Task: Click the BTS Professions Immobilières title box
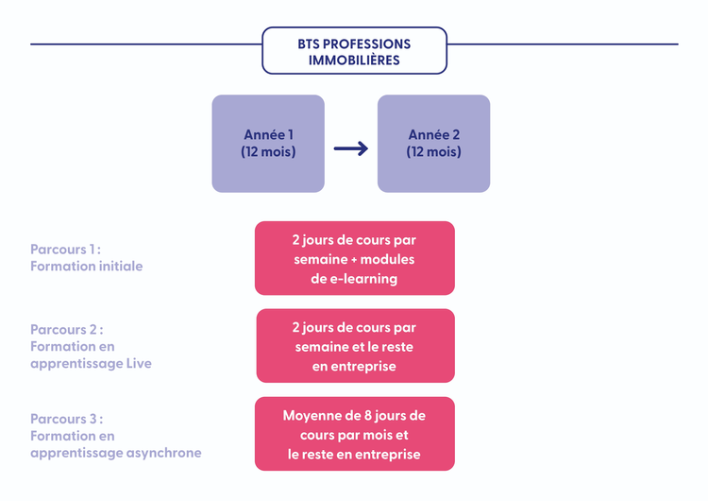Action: [x=354, y=51]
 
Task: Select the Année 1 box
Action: [x=268, y=144]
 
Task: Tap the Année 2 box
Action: [x=433, y=144]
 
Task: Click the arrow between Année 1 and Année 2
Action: [x=351, y=148]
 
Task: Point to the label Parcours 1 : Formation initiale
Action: [x=87, y=258]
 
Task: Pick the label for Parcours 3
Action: [x=115, y=436]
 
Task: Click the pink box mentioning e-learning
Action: [x=354, y=258]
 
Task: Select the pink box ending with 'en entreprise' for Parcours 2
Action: [x=355, y=346]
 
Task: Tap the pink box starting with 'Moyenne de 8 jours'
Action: [x=354, y=434]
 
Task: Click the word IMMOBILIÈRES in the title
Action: [x=354, y=60]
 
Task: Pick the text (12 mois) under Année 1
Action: [x=268, y=152]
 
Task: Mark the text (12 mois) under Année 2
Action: [x=433, y=152]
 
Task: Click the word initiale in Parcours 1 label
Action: [x=117, y=267]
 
